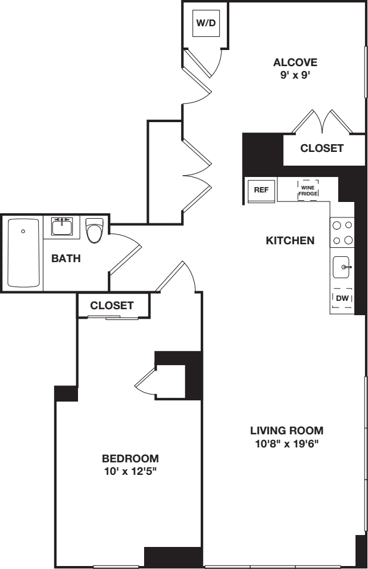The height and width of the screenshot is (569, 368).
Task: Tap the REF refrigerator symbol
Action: click(260, 190)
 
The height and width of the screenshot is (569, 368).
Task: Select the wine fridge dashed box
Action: click(307, 189)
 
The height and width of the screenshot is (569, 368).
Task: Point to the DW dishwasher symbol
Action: click(342, 298)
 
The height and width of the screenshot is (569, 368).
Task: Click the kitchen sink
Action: click(342, 268)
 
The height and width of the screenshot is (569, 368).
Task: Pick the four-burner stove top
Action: click(342, 233)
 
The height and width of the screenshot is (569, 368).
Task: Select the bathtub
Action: click(24, 253)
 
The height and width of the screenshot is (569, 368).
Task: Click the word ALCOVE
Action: click(295, 62)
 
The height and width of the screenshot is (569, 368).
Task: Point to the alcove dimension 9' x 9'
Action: click(295, 76)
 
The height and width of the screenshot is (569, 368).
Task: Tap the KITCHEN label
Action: click(290, 241)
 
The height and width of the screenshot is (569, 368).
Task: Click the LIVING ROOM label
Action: click(286, 430)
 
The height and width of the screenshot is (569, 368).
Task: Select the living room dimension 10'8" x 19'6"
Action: click(286, 443)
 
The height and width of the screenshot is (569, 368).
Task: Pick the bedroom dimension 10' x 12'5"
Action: click(130, 472)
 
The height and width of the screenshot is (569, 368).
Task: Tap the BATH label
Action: click(66, 259)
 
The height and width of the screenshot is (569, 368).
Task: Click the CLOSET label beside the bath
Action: click(112, 305)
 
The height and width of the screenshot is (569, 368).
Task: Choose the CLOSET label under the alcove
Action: click(322, 148)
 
